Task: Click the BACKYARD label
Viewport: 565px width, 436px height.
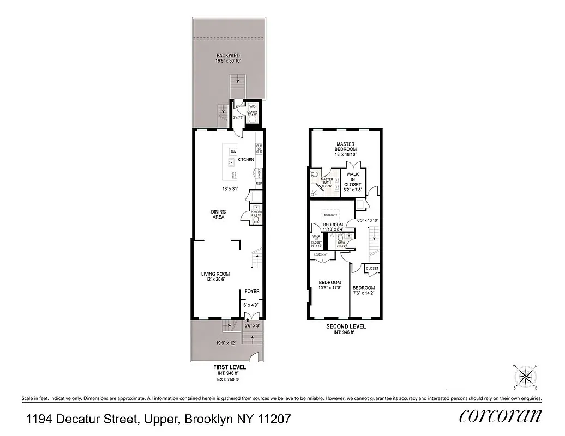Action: pyautogui.click(x=228, y=56)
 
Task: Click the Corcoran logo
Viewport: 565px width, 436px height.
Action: pyautogui.click(x=500, y=416)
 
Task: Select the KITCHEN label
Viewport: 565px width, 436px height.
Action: pyautogui.click(x=246, y=160)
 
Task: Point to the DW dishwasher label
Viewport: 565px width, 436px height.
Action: pyautogui.click(x=233, y=151)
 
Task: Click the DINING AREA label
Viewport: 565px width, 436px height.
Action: pyautogui.click(x=219, y=215)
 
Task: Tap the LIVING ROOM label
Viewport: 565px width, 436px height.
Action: pyautogui.click(x=215, y=274)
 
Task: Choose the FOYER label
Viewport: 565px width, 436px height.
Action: pyautogui.click(x=252, y=292)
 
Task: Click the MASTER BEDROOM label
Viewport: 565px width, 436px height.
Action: pyautogui.click(x=346, y=147)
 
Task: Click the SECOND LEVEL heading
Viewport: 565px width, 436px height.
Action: pyautogui.click(x=346, y=326)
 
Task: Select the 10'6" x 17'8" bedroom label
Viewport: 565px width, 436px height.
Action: pyautogui.click(x=329, y=286)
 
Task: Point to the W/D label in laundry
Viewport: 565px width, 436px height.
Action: pyautogui.click(x=253, y=106)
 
